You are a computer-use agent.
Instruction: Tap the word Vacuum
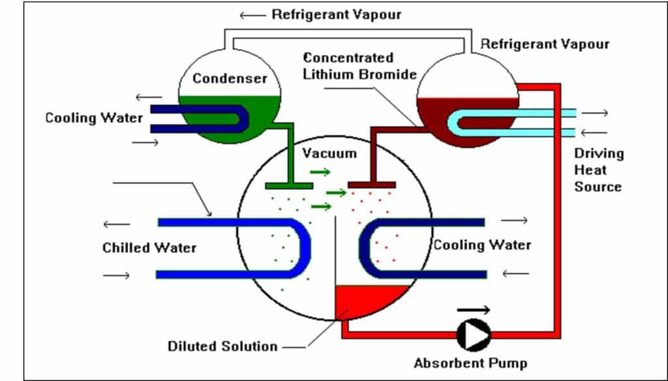coord(329,154)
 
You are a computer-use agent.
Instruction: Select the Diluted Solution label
coord(222,346)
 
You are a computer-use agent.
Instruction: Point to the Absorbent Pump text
coord(470,363)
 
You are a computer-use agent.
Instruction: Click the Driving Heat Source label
coord(598,170)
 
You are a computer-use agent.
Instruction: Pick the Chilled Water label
coord(149,248)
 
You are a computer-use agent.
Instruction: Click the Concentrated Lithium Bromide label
coord(359,66)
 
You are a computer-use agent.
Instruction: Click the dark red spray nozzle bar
coord(371,185)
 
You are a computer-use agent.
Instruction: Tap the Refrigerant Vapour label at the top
coord(337,14)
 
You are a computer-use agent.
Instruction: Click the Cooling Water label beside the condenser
coord(93,118)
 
